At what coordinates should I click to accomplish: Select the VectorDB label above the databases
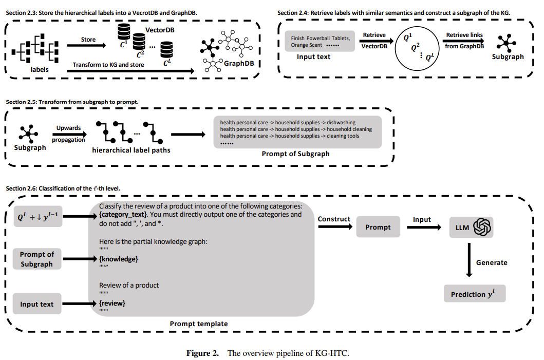160,30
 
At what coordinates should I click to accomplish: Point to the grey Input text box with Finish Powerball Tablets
320,41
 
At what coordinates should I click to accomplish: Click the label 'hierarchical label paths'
131,150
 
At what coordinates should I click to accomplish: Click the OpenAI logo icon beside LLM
482,227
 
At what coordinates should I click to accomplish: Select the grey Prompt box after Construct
378,227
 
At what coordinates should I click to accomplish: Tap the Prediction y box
475,294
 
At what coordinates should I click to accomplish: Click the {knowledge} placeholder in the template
119,259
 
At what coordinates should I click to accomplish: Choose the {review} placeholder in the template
112,303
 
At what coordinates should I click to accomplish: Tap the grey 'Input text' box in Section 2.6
37,304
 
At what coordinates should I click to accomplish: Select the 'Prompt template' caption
198,324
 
